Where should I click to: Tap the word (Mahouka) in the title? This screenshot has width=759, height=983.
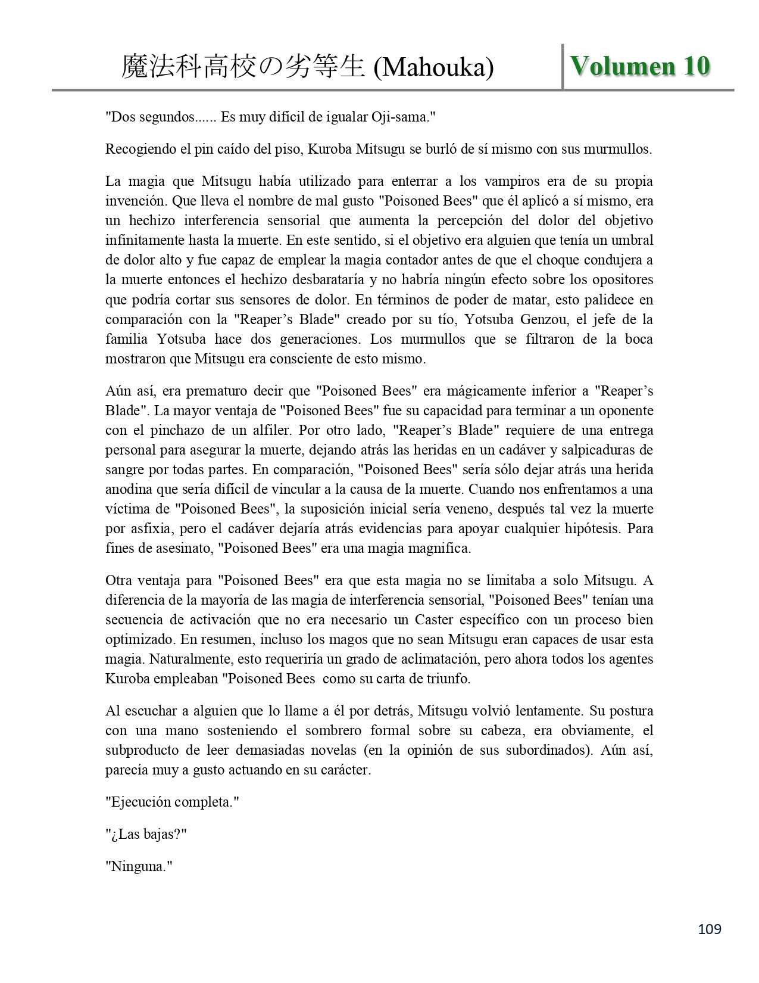[x=433, y=67]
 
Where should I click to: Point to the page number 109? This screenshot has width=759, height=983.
[x=710, y=929]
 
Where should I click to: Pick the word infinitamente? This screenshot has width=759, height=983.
[x=140, y=240]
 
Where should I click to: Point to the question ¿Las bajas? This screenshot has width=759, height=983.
[x=146, y=834]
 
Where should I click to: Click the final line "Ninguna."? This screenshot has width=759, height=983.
[x=139, y=866]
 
